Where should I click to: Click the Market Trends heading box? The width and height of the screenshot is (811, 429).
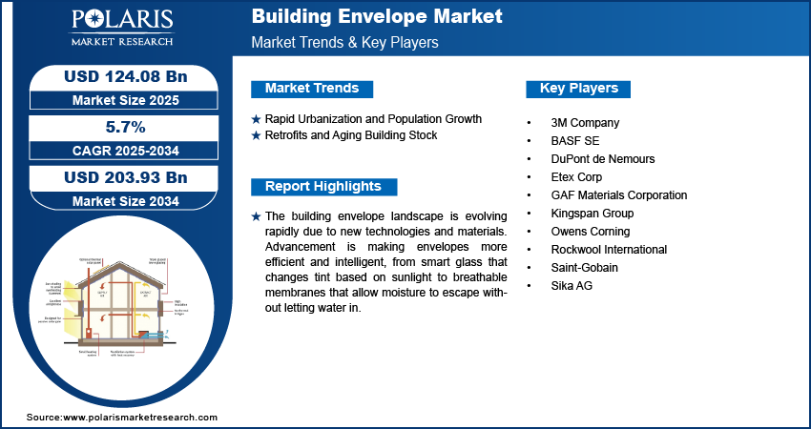(312, 89)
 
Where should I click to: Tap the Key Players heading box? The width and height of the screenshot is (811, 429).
(579, 89)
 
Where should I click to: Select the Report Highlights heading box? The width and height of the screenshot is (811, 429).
(322, 187)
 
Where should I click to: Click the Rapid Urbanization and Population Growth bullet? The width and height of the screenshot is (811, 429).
(372, 119)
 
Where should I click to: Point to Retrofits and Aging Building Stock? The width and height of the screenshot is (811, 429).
(350, 135)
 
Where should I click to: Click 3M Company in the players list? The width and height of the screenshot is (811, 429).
(586, 123)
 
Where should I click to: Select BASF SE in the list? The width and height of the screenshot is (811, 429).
(575, 141)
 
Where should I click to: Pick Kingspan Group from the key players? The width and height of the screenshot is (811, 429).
(593, 214)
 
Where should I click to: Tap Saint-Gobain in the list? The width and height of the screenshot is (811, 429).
(585, 268)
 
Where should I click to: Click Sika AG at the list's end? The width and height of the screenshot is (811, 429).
(572, 286)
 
